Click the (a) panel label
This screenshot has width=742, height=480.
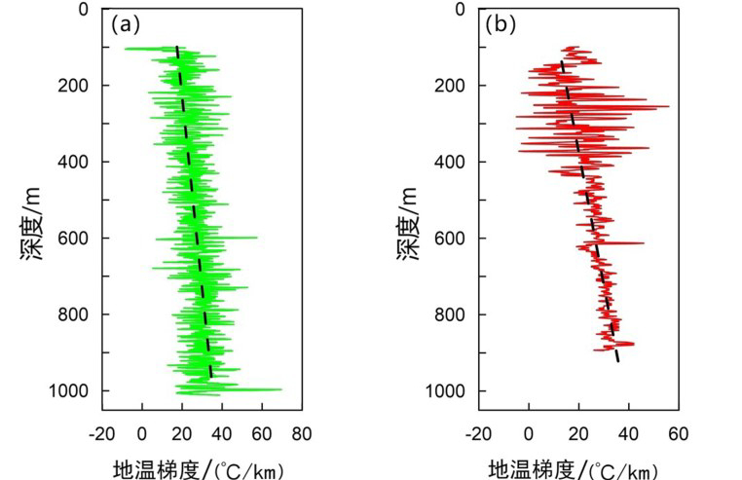(x=126, y=24)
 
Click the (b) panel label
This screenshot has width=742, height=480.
(x=501, y=24)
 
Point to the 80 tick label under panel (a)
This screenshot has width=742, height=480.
(x=302, y=434)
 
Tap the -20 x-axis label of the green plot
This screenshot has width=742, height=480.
(x=101, y=434)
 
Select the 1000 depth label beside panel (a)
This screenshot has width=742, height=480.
(x=68, y=391)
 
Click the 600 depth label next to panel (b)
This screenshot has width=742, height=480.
(x=450, y=239)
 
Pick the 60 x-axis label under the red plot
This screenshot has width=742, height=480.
(x=679, y=434)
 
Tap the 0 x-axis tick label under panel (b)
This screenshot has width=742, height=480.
(x=529, y=434)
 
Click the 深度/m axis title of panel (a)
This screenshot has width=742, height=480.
(x=32, y=224)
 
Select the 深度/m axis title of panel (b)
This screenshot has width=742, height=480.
(x=407, y=224)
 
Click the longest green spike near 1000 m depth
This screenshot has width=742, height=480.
(x=281, y=389)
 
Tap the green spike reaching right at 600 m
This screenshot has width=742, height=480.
(x=257, y=238)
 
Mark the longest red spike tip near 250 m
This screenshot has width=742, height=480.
(x=669, y=106)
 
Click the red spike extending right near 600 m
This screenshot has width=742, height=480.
(x=644, y=242)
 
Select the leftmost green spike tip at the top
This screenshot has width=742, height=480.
(x=125, y=49)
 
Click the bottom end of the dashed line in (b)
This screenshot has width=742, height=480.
(x=618, y=361)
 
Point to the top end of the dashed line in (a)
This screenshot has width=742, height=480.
(x=176, y=47)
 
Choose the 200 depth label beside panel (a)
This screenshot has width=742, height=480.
(x=73, y=86)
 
